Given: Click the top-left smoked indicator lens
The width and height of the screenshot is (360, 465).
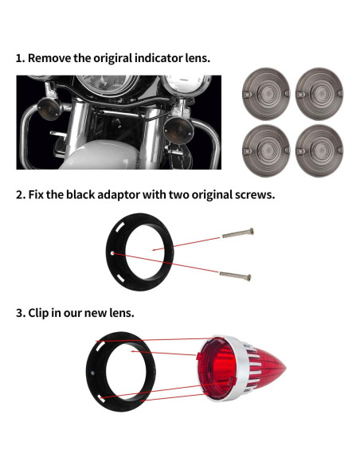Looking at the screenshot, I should [x=264, y=96].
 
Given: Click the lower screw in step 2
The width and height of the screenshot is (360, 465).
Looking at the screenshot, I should [x=237, y=276].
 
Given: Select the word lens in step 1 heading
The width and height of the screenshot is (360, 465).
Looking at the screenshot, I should [x=196, y=59].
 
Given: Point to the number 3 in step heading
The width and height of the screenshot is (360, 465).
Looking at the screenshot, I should [x=20, y=313].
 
